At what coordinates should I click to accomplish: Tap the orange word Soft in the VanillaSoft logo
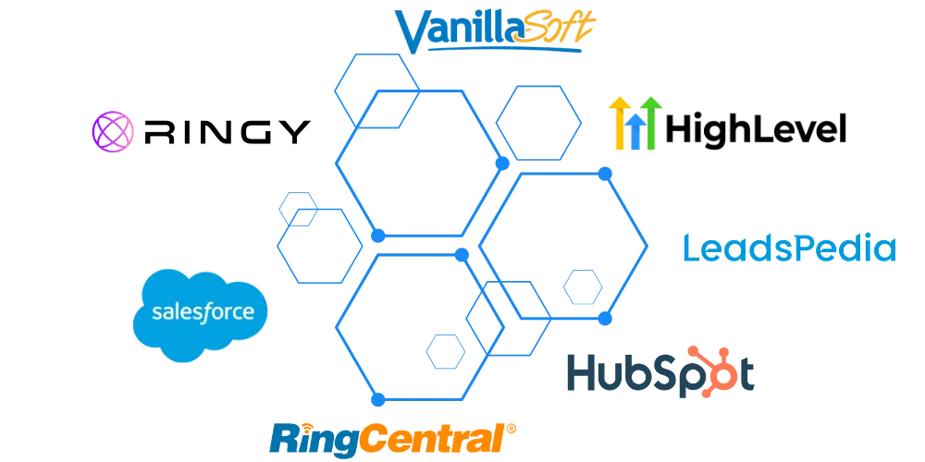(x=557, y=28)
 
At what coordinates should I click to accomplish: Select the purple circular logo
(x=113, y=130)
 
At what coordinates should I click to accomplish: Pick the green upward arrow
(x=653, y=124)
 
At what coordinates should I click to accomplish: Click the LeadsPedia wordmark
(x=788, y=249)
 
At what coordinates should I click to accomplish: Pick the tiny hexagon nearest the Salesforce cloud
(x=298, y=208)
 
